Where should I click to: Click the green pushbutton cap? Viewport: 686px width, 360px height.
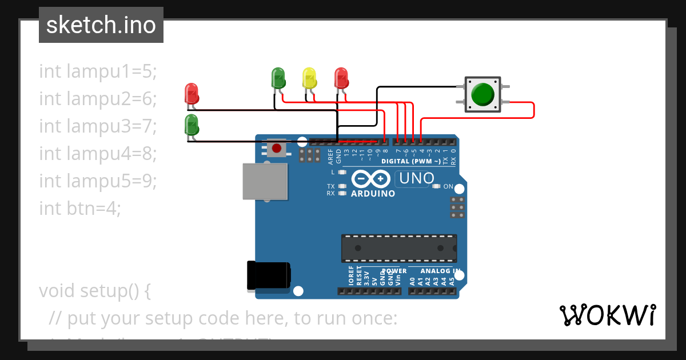click(x=483, y=94)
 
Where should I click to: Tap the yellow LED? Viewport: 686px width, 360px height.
click(x=309, y=78)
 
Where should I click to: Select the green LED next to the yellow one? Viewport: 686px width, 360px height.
click(x=278, y=78)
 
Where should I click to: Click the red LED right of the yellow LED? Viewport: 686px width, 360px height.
click(x=341, y=78)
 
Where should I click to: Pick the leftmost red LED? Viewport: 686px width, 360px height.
click(x=192, y=94)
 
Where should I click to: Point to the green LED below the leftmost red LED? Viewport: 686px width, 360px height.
click(x=192, y=125)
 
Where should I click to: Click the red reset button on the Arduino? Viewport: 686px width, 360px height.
click(x=277, y=149)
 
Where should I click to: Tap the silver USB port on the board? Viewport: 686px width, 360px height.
click(x=265, y=181)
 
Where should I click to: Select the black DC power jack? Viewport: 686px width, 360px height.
click(x=268, y=276)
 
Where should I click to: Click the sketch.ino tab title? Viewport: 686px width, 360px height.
click(x=101, y=25)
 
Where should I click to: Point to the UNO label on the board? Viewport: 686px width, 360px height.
click(x=417, y=179)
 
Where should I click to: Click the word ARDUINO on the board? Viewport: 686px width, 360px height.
click(x=373, y=194)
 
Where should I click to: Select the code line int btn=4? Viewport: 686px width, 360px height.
click(x=80, y=209)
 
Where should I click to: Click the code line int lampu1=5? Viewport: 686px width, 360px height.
click(x=98, y=71)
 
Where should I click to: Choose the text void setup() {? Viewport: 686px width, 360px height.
click(x=95, y=291)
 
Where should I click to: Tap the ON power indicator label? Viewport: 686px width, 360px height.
click(x=448, y=187)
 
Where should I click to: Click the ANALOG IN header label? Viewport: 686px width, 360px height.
click(x=440, y=271)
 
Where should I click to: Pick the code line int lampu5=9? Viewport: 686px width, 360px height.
click(x=98, y=181)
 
